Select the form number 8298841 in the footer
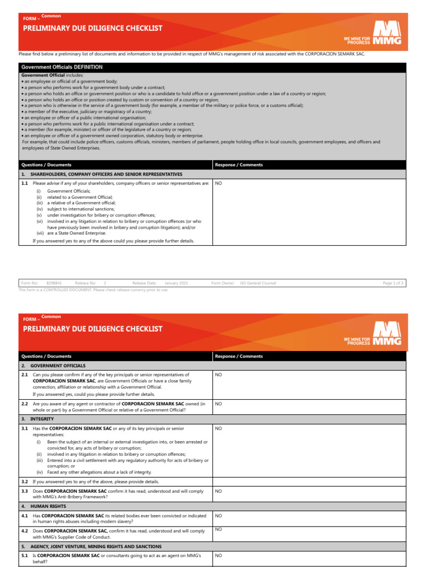coord(54,283)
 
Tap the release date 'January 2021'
coord(176,283)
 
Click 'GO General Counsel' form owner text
coord(257,283)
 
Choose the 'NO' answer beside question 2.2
coord(218,404)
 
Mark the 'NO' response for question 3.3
coord(218,491)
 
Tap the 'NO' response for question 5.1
coord(218,555)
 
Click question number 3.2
coord(24,482)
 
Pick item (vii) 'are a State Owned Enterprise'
coord(77,233)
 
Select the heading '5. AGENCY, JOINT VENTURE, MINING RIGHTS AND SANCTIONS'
coord(105,546)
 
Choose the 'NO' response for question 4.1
coord(218,516)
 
